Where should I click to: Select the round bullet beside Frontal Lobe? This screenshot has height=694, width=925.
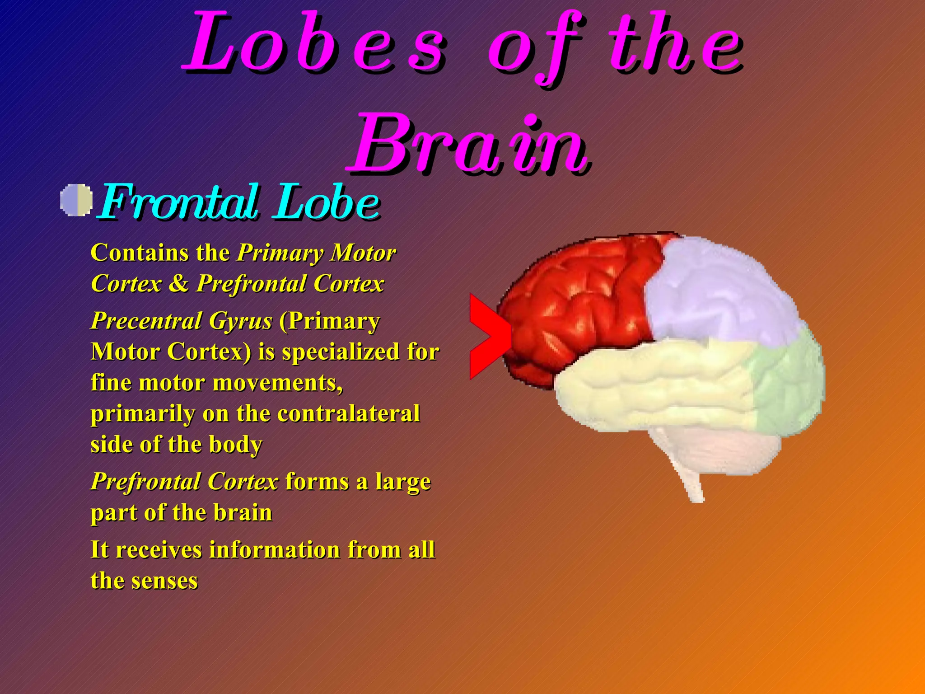pos(76,200)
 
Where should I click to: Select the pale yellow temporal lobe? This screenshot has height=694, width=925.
pos(655,384)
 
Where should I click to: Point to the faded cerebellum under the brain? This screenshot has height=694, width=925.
pos(723,447)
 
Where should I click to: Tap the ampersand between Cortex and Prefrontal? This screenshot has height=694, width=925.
pos(179,284)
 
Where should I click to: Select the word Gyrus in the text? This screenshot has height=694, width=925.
pos(240,321)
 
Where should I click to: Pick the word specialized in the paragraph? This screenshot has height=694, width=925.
pos(341,352)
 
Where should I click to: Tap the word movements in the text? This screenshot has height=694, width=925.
pos(277,383)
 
